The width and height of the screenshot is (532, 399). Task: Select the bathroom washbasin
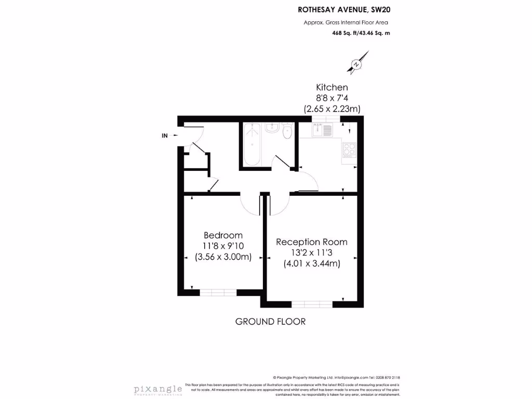tap(272, 128)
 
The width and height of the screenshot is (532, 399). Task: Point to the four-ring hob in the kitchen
tap(349, 150)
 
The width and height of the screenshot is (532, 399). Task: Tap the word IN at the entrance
tap(165, 136)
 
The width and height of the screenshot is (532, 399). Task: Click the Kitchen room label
tap(332, 87)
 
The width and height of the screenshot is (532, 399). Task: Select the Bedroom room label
tap(223, 235)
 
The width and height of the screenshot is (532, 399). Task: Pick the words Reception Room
tap(312, 242)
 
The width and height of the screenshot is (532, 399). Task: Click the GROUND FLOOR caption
tap(270, 322)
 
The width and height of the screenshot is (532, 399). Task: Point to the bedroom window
tap(219, 292)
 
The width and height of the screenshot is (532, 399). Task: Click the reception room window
tap(312, 304)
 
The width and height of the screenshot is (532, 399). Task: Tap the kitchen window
tap(326, 119)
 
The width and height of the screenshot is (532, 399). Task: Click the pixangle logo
tap(158, 389)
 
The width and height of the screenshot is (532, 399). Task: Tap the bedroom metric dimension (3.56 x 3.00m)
tap(223, 257)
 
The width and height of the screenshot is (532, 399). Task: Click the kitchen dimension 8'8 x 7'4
tap(332, 98)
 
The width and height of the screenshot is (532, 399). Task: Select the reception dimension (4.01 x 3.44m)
tap(312, 263)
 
